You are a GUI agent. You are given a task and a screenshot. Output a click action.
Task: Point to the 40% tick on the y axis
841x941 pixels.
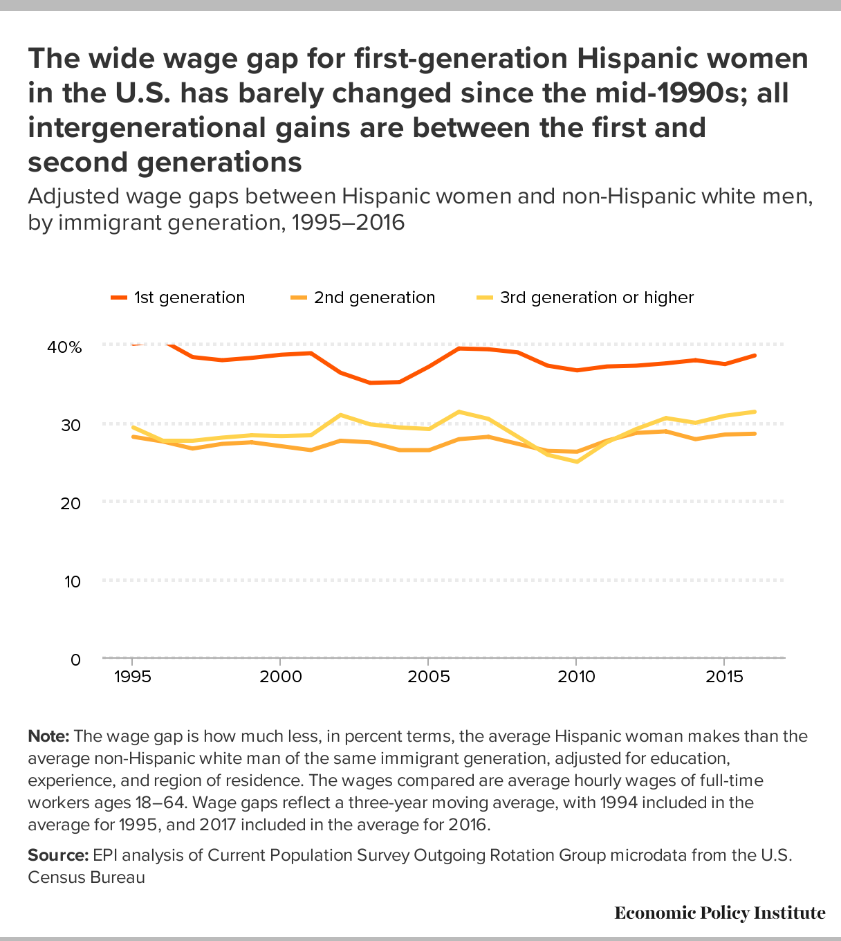coord(64,347)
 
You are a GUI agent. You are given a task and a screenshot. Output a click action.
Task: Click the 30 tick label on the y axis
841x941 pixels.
coord(71,425)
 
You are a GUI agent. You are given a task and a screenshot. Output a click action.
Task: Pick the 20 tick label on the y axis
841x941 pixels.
coord(71,503)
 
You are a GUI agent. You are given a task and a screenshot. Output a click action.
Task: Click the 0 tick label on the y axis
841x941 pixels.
coord(75,659)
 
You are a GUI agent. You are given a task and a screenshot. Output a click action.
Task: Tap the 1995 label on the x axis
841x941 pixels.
coord(132,676)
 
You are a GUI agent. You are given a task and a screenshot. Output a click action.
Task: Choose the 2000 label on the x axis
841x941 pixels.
coord(280,676)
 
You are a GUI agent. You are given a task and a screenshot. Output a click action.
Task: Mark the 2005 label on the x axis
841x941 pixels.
coord(428,676)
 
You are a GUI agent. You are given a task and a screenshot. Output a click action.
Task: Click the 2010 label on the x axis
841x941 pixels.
coord(576,676)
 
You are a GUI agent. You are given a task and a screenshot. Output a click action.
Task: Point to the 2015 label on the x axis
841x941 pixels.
coord(724,676)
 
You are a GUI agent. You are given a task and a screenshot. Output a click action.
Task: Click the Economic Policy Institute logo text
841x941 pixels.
coord(719,913)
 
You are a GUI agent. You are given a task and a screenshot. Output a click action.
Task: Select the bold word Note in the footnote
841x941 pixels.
coord(48,736)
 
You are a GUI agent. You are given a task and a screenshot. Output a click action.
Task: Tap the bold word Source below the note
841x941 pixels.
coord(58,855)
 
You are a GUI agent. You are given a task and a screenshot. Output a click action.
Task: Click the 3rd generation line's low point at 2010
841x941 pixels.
coord(576,462)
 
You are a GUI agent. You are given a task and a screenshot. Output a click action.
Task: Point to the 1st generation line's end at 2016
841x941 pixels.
coord(754,356)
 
